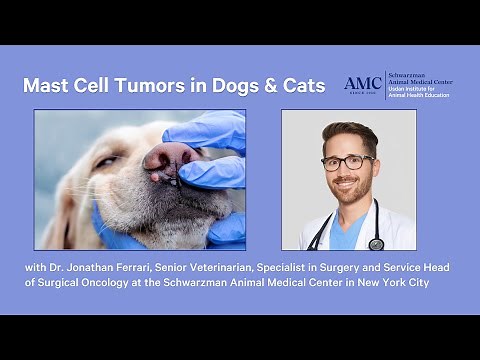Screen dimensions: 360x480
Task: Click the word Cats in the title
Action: (302, 86)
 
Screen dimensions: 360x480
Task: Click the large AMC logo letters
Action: (363, 84)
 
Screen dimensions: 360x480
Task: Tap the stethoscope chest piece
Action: (376, 243)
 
